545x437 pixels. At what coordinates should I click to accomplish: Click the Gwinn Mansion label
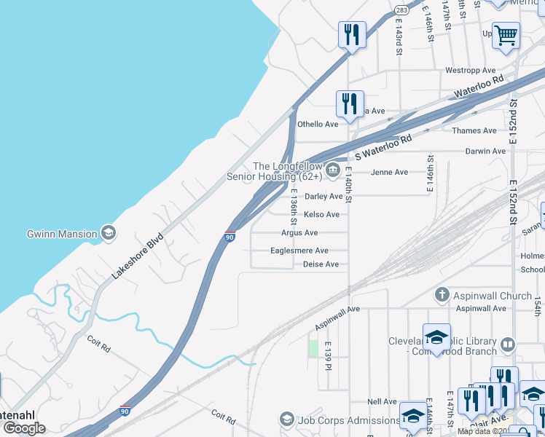click(x=62, y=234)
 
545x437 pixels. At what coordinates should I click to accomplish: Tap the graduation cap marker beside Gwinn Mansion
click(x=109, y=233)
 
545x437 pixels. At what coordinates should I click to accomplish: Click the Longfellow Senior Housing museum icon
click(x=333, y=171)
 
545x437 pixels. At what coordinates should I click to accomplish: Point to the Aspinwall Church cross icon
click(x=442, y=295)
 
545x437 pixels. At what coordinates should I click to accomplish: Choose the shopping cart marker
click(x=506, y=34)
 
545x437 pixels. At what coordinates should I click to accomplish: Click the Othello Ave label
click(x=318, y=124)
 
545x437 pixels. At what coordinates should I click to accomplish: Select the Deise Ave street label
click(x=321, y=264)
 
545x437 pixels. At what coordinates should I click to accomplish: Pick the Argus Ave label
click(x=300, y=233)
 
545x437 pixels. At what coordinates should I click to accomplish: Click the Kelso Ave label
click(x=321, y=214)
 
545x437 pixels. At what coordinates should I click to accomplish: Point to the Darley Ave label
click(x=324, y=196)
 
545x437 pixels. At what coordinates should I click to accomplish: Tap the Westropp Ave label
click(x=466, y=71)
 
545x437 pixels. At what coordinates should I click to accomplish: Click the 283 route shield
click(x=402, y=11)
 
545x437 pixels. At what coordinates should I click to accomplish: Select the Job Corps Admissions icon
click(x=286, y=420)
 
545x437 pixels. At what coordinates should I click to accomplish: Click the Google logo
click(x=24, y=428)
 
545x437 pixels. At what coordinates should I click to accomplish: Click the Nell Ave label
click(x=382, y=401)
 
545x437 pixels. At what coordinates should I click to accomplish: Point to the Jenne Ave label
click(x=390, y=173)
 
